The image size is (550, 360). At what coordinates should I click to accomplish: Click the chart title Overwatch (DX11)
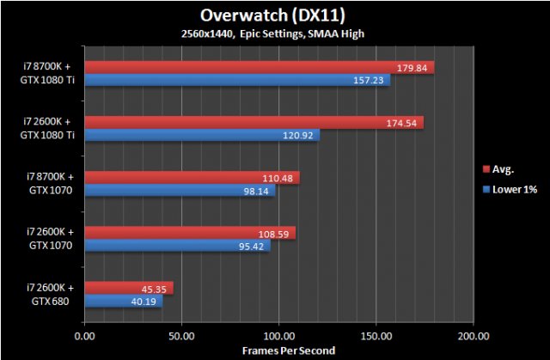tap(274, 15)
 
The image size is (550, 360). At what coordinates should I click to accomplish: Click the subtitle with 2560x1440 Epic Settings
tap(274, 33)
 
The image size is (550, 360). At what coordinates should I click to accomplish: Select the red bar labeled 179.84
tap(258, 68)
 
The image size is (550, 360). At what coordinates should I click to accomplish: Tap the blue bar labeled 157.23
tap(236, 80)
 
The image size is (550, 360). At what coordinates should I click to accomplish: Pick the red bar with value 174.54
tap(254, 123)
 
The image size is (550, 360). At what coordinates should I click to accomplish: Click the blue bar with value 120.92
tap(202, 135)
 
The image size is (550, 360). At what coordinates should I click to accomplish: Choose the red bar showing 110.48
tap(191, 178)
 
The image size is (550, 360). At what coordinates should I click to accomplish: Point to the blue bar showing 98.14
tap(179, 190)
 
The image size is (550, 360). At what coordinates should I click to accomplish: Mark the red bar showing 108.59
tap(189, 233)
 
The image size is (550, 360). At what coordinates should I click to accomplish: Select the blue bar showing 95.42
tap(176, 245)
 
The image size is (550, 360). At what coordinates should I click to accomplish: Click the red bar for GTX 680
tap(129, 288)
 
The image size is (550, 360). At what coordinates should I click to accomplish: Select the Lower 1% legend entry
tap(510, 190)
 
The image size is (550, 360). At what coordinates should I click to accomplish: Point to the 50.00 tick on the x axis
tap(181, 335)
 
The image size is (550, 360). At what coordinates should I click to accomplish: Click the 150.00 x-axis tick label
tap(376, 335)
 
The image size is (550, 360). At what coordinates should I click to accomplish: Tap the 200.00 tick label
tap(472, 335)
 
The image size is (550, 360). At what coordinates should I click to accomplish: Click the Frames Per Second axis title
tap(278, 351)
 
